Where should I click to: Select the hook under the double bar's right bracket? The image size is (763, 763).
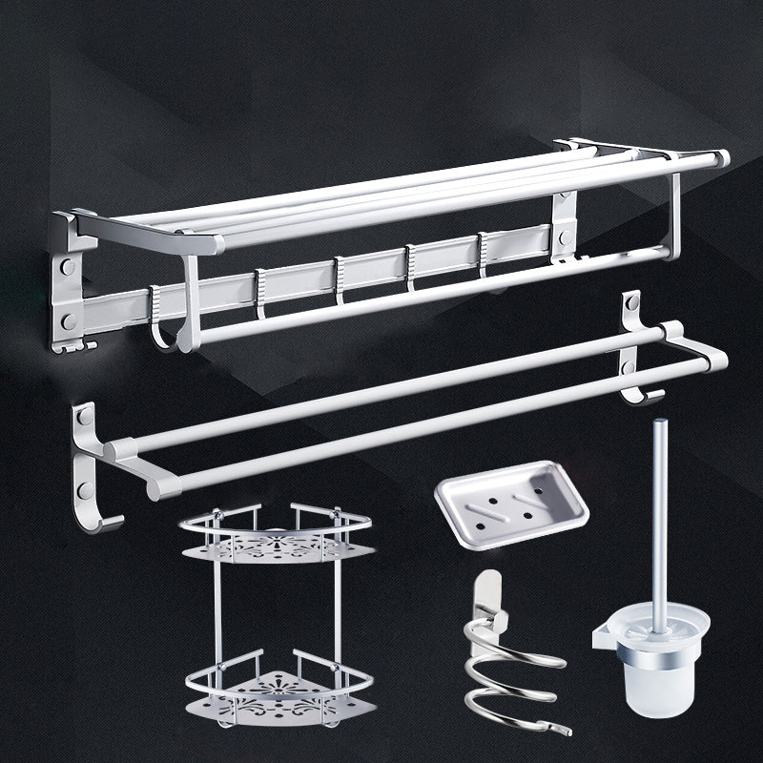pyautogui.click(x=650, y=393)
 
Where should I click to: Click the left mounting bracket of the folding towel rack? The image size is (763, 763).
pyautogui.click(x=69, y=286)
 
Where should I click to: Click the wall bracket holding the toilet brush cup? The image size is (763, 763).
pyautogui.click(x=603, y=632)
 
